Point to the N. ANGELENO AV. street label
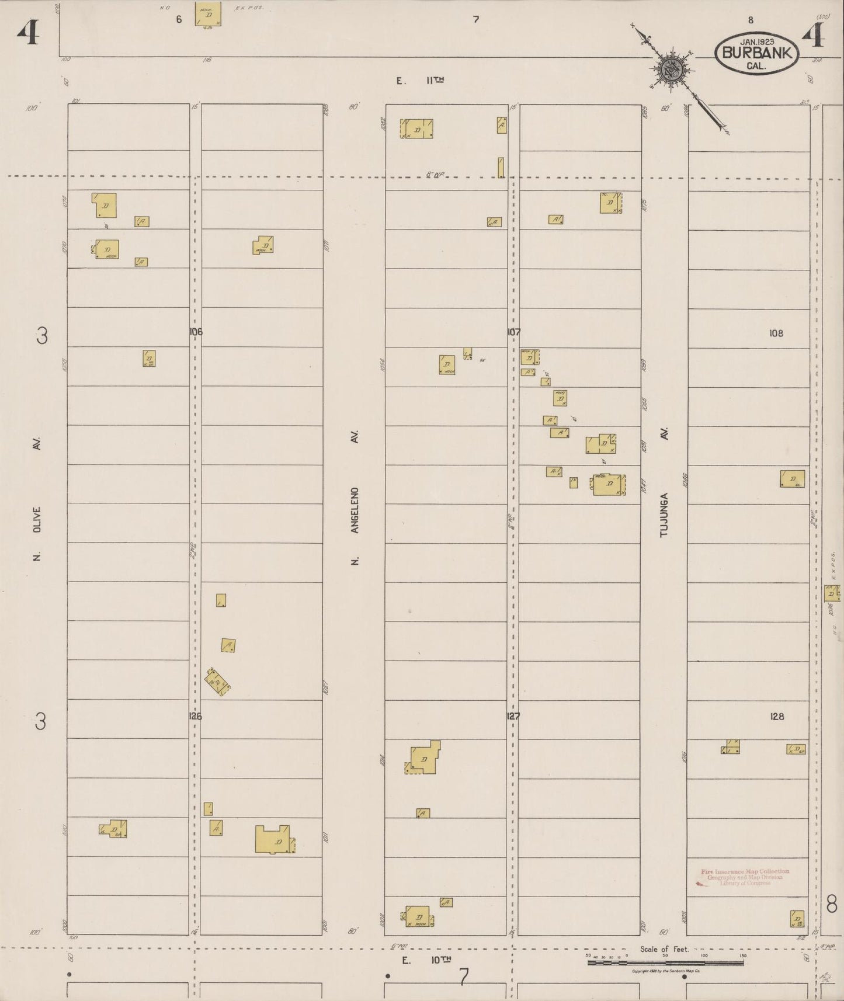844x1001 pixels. tap(355, 497)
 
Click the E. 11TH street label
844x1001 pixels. tap(420, 81)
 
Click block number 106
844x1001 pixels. tap(196, 332)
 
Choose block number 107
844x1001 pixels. tap(513, 332)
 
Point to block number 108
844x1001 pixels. tap(776, 333)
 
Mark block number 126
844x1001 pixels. tap(196, 716)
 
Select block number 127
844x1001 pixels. tap(513, 716)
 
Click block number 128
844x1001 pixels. tap(777, 717)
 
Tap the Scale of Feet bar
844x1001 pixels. tap(666, 962)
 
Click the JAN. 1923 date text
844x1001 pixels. tap(756, 41)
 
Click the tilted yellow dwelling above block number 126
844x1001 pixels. tap(217, 682)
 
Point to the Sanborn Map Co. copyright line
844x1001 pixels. tap(666, 971)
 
